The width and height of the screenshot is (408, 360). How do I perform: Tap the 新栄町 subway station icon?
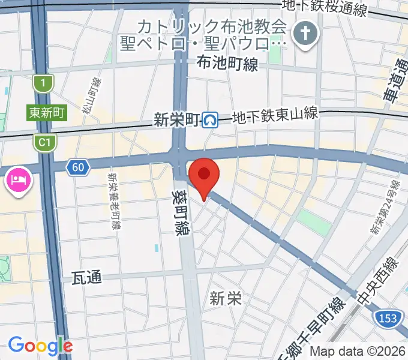(x=209, y=121)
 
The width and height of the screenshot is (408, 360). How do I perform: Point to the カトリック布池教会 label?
(x=212, y=28)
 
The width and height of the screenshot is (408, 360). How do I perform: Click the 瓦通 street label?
(x=86, y=277)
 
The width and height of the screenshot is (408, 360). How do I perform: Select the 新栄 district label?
(x=226, y=298)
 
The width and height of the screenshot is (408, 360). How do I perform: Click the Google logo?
(x=40, y=346)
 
